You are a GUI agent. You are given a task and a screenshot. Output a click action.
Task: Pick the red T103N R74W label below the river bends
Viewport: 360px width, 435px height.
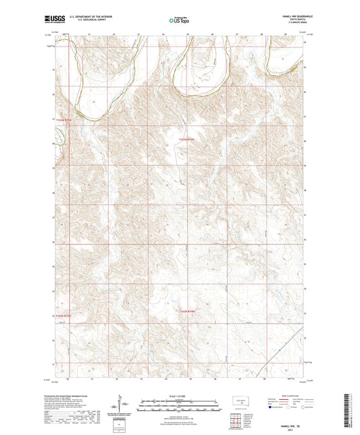[x=190, y=138]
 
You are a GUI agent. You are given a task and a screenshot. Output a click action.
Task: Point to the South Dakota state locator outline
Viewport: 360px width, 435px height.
[x=239, y=399]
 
